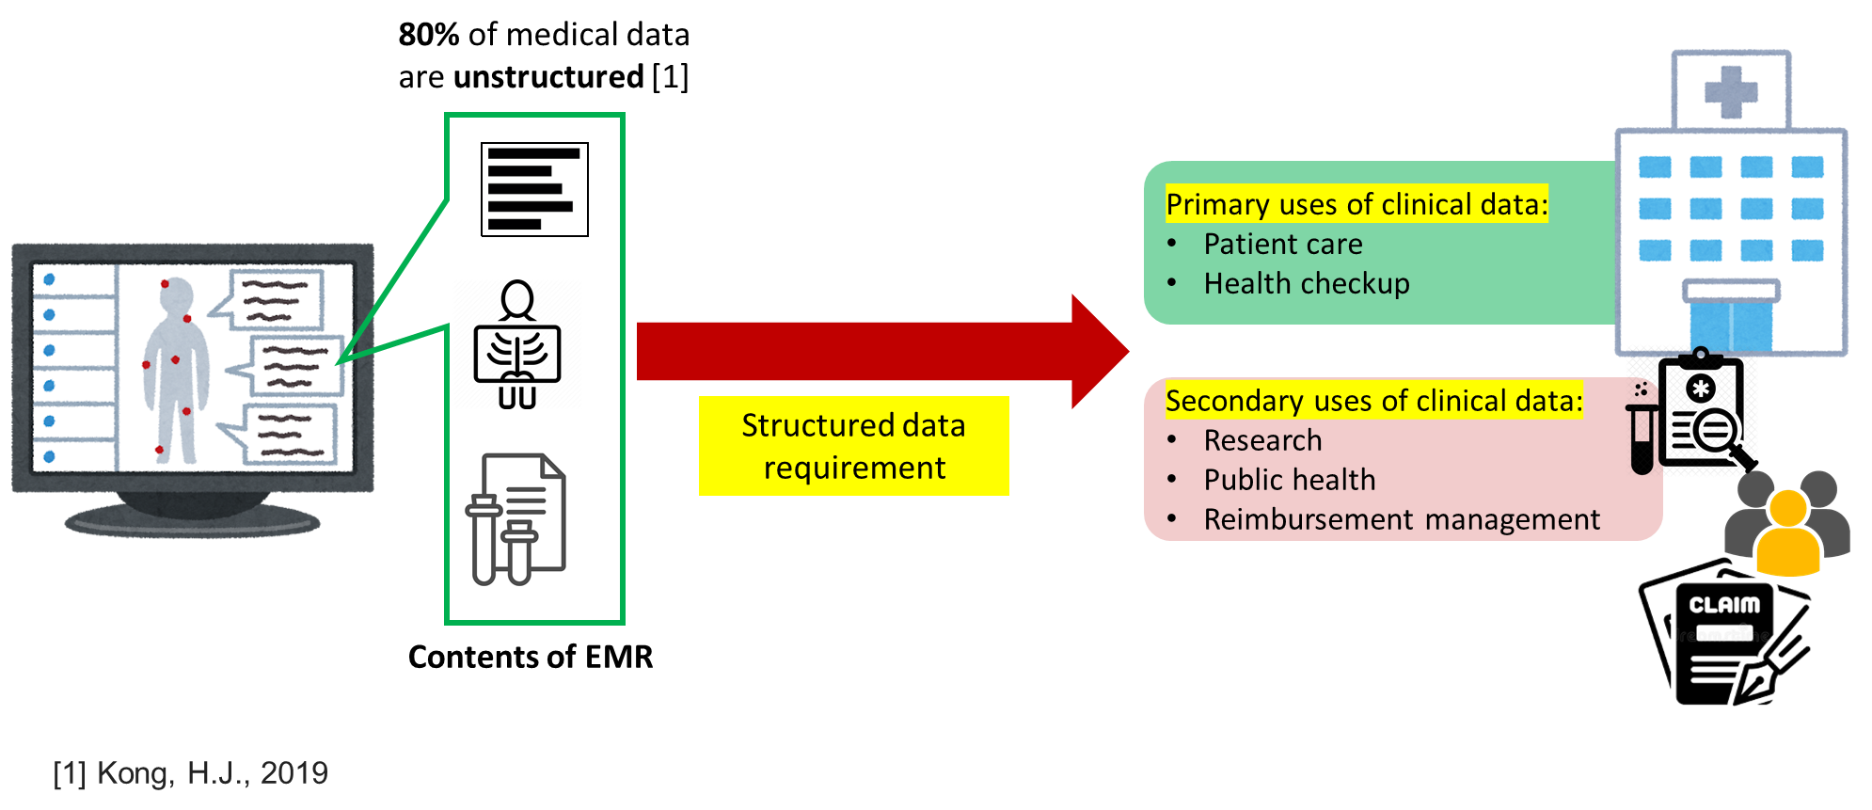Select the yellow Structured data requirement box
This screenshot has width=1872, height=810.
point(853,446)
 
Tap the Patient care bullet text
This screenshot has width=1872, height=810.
point(1282,245)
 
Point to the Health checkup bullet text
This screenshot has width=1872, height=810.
point(1306,284)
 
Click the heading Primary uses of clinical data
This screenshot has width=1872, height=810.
point(1356,204)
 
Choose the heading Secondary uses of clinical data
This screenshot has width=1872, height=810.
point(1373,401)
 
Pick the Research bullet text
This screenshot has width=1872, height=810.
point(1262,440)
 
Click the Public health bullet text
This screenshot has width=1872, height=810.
point(1289,480)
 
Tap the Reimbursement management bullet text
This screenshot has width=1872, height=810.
point(1401,519)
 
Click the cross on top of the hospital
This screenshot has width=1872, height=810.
point(1731,91)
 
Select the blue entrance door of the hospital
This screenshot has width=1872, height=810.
point(1731,326)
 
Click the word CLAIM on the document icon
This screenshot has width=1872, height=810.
point(1723,605)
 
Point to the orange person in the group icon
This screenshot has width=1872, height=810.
point(1787,534)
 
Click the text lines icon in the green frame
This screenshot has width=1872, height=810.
point(533,188)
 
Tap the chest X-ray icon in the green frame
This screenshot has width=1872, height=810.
point(517,344)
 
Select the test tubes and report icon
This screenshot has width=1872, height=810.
point(516,518)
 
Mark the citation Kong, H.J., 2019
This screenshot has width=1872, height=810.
point(191,773)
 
